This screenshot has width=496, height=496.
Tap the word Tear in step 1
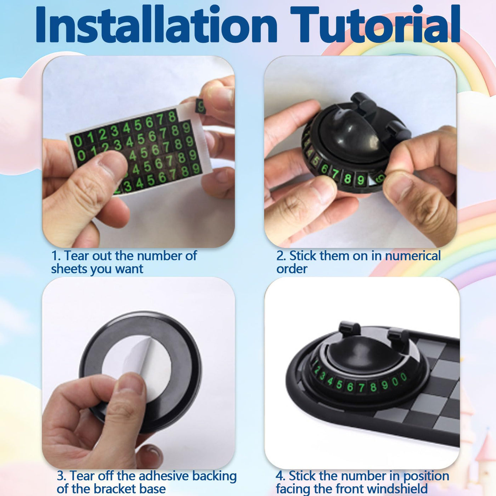pos(77,255)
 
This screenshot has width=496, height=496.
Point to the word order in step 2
pos(292,269)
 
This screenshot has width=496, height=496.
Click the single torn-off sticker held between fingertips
pos(201,106)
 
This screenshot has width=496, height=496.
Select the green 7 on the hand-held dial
pos(335,175)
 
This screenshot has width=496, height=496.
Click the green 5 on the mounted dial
pos(339,384)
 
